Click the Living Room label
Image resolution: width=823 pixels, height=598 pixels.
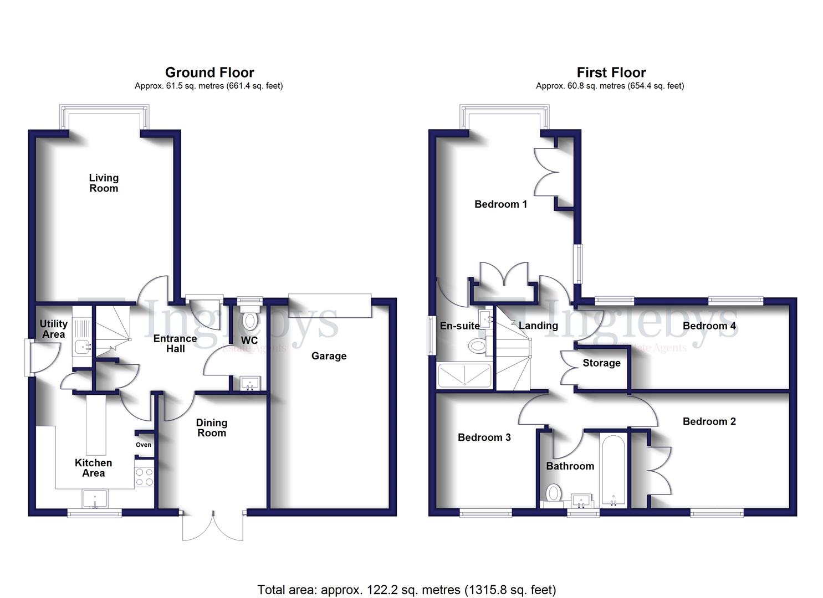(x=104, y=183)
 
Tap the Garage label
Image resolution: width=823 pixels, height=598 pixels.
(x=329, y=356)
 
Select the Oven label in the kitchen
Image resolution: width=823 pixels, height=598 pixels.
(x=144, y=445)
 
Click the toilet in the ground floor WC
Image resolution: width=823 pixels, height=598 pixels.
(x=250, y=320)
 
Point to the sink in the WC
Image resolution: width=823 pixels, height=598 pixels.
(x=250, y=383)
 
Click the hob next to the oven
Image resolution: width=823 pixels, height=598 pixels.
(x=145, y=477)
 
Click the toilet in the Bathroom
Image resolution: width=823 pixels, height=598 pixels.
(x=553, y=492)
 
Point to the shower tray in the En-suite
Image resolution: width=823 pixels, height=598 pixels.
(x=464, y=375)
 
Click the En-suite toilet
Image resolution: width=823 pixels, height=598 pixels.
(x=477, y=347)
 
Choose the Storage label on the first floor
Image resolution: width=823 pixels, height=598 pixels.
(x=601, y=363)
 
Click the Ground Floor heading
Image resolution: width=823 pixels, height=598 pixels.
(x=209, y=73)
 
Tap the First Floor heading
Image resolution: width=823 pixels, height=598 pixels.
(x=611, y=73)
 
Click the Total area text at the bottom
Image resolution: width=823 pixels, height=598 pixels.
(x=406, y=590)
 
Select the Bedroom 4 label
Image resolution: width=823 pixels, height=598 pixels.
(x=709, y=326)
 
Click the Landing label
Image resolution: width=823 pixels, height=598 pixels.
(x=538, y=326)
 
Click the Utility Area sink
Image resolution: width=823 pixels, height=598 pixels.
(x=83, y=347)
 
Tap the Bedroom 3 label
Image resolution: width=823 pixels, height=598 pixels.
(x=484, y=437)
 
